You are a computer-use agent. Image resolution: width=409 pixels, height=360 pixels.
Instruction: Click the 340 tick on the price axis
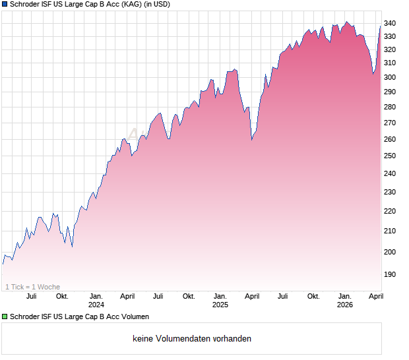click(x=391, y=23)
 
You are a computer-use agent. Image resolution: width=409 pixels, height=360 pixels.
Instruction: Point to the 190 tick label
click(x=391, y=274)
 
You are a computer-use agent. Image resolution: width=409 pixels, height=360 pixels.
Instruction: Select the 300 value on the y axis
click(x=391, y=77)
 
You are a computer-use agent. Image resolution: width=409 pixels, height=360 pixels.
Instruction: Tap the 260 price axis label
click(x=391, y=139)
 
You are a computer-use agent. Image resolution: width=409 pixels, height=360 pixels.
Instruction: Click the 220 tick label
click(x=391, y=211)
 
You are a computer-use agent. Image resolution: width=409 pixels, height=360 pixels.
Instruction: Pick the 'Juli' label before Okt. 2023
click(x=30, y=296)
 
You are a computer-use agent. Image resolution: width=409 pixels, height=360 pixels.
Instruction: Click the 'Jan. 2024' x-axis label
click(x=96, y=300)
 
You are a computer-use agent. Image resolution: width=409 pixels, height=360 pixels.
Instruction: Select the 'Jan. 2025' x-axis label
click(x=220, y=300)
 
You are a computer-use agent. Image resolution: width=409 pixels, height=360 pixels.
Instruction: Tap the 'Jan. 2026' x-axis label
click(x=344, y=300)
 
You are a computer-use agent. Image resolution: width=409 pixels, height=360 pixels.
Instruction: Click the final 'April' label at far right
click(x=375, y=296)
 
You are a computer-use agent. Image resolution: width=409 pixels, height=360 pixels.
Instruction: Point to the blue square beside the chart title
click(x=5, y=5)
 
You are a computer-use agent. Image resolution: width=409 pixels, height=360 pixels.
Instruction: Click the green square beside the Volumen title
click(x=5, y=317)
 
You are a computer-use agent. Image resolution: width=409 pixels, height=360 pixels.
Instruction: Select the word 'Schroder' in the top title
click(x=26, y=5)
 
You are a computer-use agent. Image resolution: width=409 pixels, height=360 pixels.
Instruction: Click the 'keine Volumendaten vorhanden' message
click(x=192, y=339)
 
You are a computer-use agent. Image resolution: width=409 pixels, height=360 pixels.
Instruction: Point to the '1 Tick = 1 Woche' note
click(x=32, y=287)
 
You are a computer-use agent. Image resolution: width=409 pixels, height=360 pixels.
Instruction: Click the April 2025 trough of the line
click(x=251, y=140)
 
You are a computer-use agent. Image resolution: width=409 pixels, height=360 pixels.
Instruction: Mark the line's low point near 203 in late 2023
click(x=72, y=246)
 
